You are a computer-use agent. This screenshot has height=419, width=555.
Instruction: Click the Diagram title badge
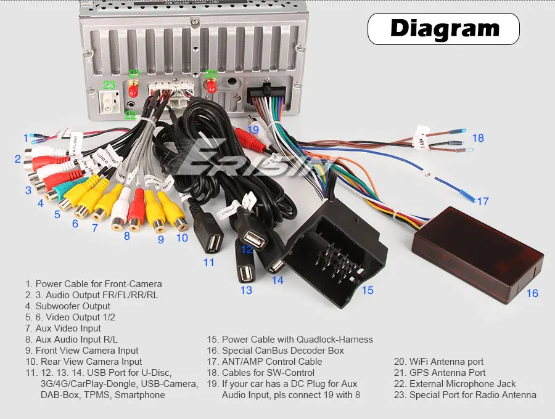pos(443,29)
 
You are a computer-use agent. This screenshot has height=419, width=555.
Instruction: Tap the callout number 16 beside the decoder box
pos(532,293)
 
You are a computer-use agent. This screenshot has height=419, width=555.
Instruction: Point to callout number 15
pos(368,290)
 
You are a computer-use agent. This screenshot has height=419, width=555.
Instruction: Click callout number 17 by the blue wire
pos(482,201)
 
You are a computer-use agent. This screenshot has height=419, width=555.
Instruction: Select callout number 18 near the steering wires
pos(479,138)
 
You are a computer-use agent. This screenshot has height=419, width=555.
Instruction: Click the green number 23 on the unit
pos(109,85)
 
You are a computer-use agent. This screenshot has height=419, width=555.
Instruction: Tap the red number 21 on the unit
pos(134,74)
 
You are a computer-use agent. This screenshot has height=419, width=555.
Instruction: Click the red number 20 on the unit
pos(211,74)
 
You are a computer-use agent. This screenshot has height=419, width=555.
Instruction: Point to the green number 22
pos(131,115)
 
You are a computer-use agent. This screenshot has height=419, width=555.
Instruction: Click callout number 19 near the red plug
pos(253,130)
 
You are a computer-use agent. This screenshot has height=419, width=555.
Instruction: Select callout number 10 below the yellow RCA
pos(182,237)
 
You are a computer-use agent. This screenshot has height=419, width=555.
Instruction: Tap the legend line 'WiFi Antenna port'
pos(446,362)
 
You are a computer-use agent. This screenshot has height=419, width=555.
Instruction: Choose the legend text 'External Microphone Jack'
pos(462,384)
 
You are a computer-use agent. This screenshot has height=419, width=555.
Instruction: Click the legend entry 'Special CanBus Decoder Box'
pos(283,351)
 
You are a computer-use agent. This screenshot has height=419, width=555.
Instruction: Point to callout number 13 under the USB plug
pos(246,290)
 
